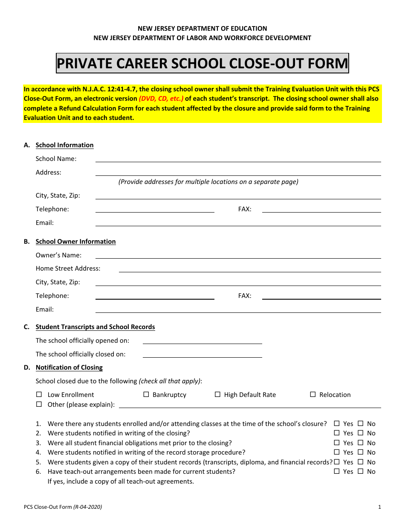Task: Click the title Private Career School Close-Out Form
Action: pos(202,64)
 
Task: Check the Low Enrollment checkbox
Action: pos(39,394)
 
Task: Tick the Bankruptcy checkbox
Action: pos(146,394)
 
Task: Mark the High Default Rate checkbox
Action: pos(217,394)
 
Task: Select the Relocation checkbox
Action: pos(313,394)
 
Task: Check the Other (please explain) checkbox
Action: pos(39,404)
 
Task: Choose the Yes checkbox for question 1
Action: pos(337,423)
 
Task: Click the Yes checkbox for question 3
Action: pos(337,443)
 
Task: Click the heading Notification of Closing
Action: pos(69,367)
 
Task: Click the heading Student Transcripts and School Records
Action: pos(95,327)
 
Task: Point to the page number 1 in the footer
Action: pos(379,507)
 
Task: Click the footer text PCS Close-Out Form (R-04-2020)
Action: pos(63,507)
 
